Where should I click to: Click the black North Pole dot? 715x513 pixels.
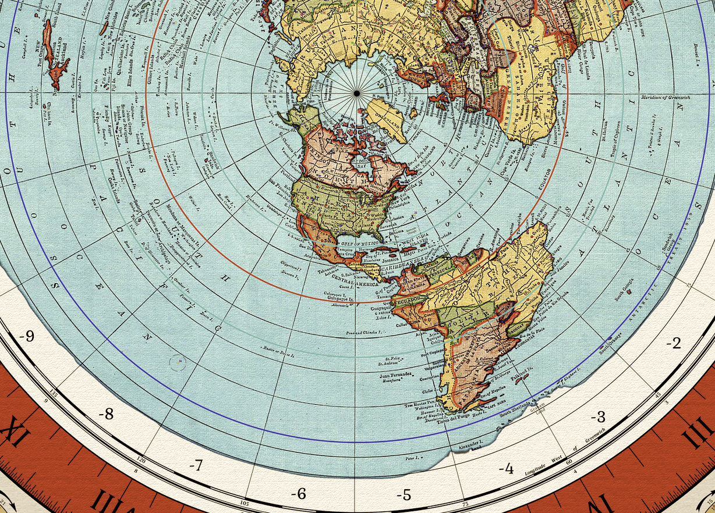tap(356, 93)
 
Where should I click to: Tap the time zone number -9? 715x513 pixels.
tap(26, 336)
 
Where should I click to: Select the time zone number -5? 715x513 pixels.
tap(404, 495)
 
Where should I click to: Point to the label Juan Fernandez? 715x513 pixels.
tap(395, 375)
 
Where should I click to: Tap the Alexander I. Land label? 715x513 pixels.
tap(470, 447)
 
